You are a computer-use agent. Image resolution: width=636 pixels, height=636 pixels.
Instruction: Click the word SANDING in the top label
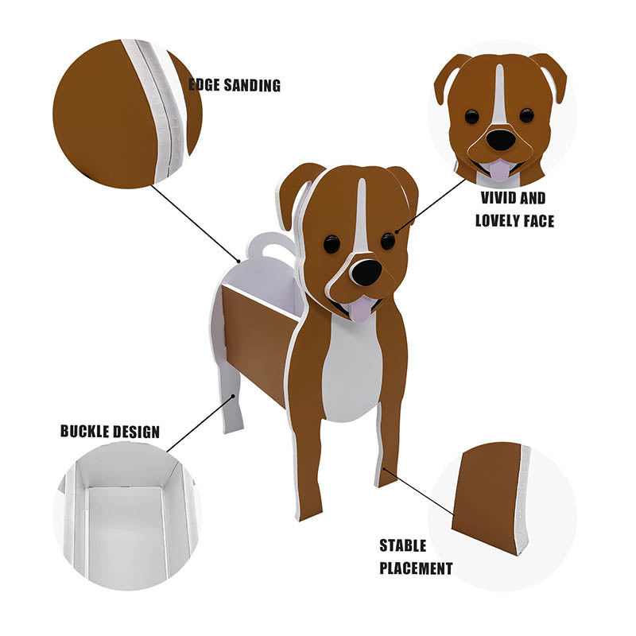pyautogui.click(x=252, y=85)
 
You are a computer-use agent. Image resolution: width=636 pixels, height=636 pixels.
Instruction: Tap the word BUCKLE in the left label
pyautogui.click(x=83, y=431)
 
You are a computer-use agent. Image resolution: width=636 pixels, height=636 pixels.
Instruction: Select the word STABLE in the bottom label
pyautogui.click(x=403, y=545)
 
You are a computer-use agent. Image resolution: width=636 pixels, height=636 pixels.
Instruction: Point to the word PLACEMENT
pyautogui.click(x=416, y=568)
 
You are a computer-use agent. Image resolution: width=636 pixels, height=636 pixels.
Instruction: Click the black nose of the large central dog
pyautogui.click(x=366, y=272)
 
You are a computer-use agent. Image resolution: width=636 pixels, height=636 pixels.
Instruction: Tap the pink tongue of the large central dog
pyautogui.click(x=361, y=308)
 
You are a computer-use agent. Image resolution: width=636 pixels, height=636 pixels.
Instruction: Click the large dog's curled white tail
pyautogui.click(x=270, y=245)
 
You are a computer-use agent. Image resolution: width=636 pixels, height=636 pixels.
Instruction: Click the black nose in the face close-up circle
pyautogui.click(x=501, y=140)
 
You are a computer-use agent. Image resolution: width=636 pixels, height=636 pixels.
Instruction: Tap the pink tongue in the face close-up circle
pyautogui.click(x=500, y=169)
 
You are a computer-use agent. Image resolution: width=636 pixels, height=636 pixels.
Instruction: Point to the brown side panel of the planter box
pyautogui.click(x=260, y=345)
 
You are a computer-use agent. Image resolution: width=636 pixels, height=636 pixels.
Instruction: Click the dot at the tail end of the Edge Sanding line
pyautogui.click(x=239, y=262)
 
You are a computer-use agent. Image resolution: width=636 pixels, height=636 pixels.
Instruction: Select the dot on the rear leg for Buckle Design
pyautogui.click(x=233, y=396)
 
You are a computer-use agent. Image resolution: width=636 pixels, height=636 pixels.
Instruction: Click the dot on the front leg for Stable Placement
pyautogui.click(x=384, y=469)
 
